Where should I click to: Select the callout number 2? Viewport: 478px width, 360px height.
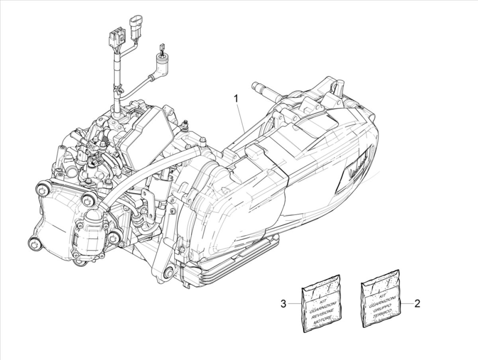click(417, 304)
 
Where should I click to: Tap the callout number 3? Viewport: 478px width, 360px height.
click(283, 304)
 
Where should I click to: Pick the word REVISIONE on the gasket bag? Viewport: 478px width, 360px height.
click(322, 312)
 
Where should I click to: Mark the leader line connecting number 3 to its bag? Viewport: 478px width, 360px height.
click(295, 304)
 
